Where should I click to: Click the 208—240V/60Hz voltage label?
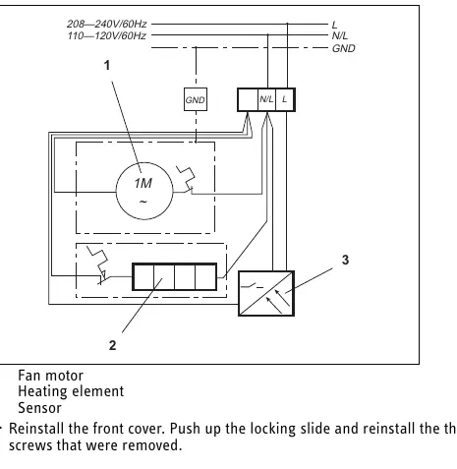point(107,24)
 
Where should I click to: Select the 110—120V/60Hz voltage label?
point(107,35)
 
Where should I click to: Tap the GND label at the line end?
point(343,48)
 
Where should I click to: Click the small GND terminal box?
point(196,99)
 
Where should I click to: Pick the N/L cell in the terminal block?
point(266,99)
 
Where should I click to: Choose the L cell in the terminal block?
point(284,99)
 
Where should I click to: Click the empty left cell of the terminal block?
point(248,99)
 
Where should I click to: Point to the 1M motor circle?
point(144,191)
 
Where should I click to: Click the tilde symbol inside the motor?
point(143,202)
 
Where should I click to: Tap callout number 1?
point(107,65)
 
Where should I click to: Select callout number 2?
point(112,345)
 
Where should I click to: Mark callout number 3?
point(345,260)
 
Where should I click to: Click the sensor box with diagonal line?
point(266,293)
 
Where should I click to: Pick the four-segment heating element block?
point(174,276)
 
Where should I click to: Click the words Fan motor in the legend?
point(50,376)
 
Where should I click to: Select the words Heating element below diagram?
point(71,391)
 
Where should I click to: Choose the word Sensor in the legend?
point(39,408)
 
